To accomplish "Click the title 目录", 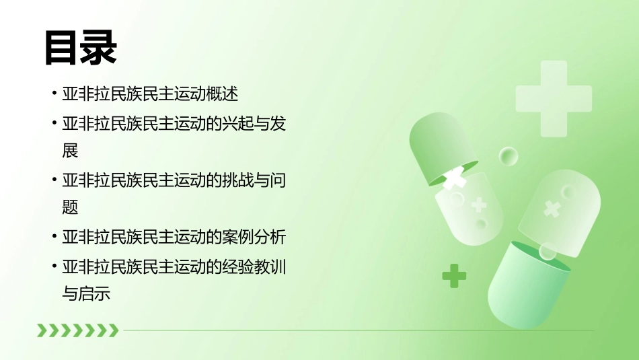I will click(x=81, y=48).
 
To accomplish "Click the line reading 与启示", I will click(x=86, y=294).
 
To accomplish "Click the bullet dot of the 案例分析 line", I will click(x=54, y=237).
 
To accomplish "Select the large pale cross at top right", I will click(x=553, y=98).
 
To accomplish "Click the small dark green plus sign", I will click(x=454, y=275).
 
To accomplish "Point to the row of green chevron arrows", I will click(x=77, y=330).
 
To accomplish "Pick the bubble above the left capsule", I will click(x=509, y=157).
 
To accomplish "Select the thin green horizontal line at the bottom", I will click(x=356, y=330).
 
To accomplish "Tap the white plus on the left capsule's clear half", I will click(x=479, y=204).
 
